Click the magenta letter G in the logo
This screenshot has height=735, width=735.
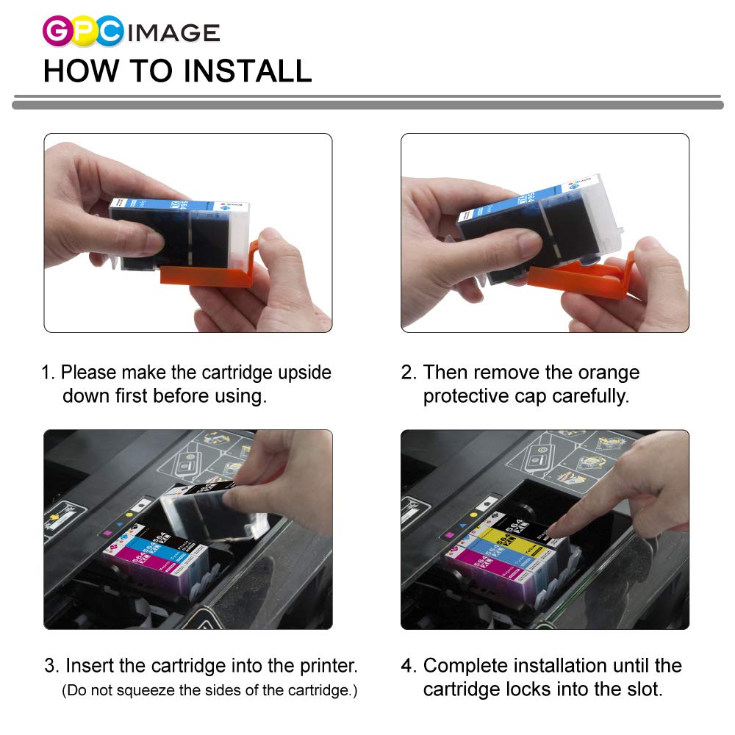(56, 32)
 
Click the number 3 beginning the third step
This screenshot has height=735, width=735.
(50, 667)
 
